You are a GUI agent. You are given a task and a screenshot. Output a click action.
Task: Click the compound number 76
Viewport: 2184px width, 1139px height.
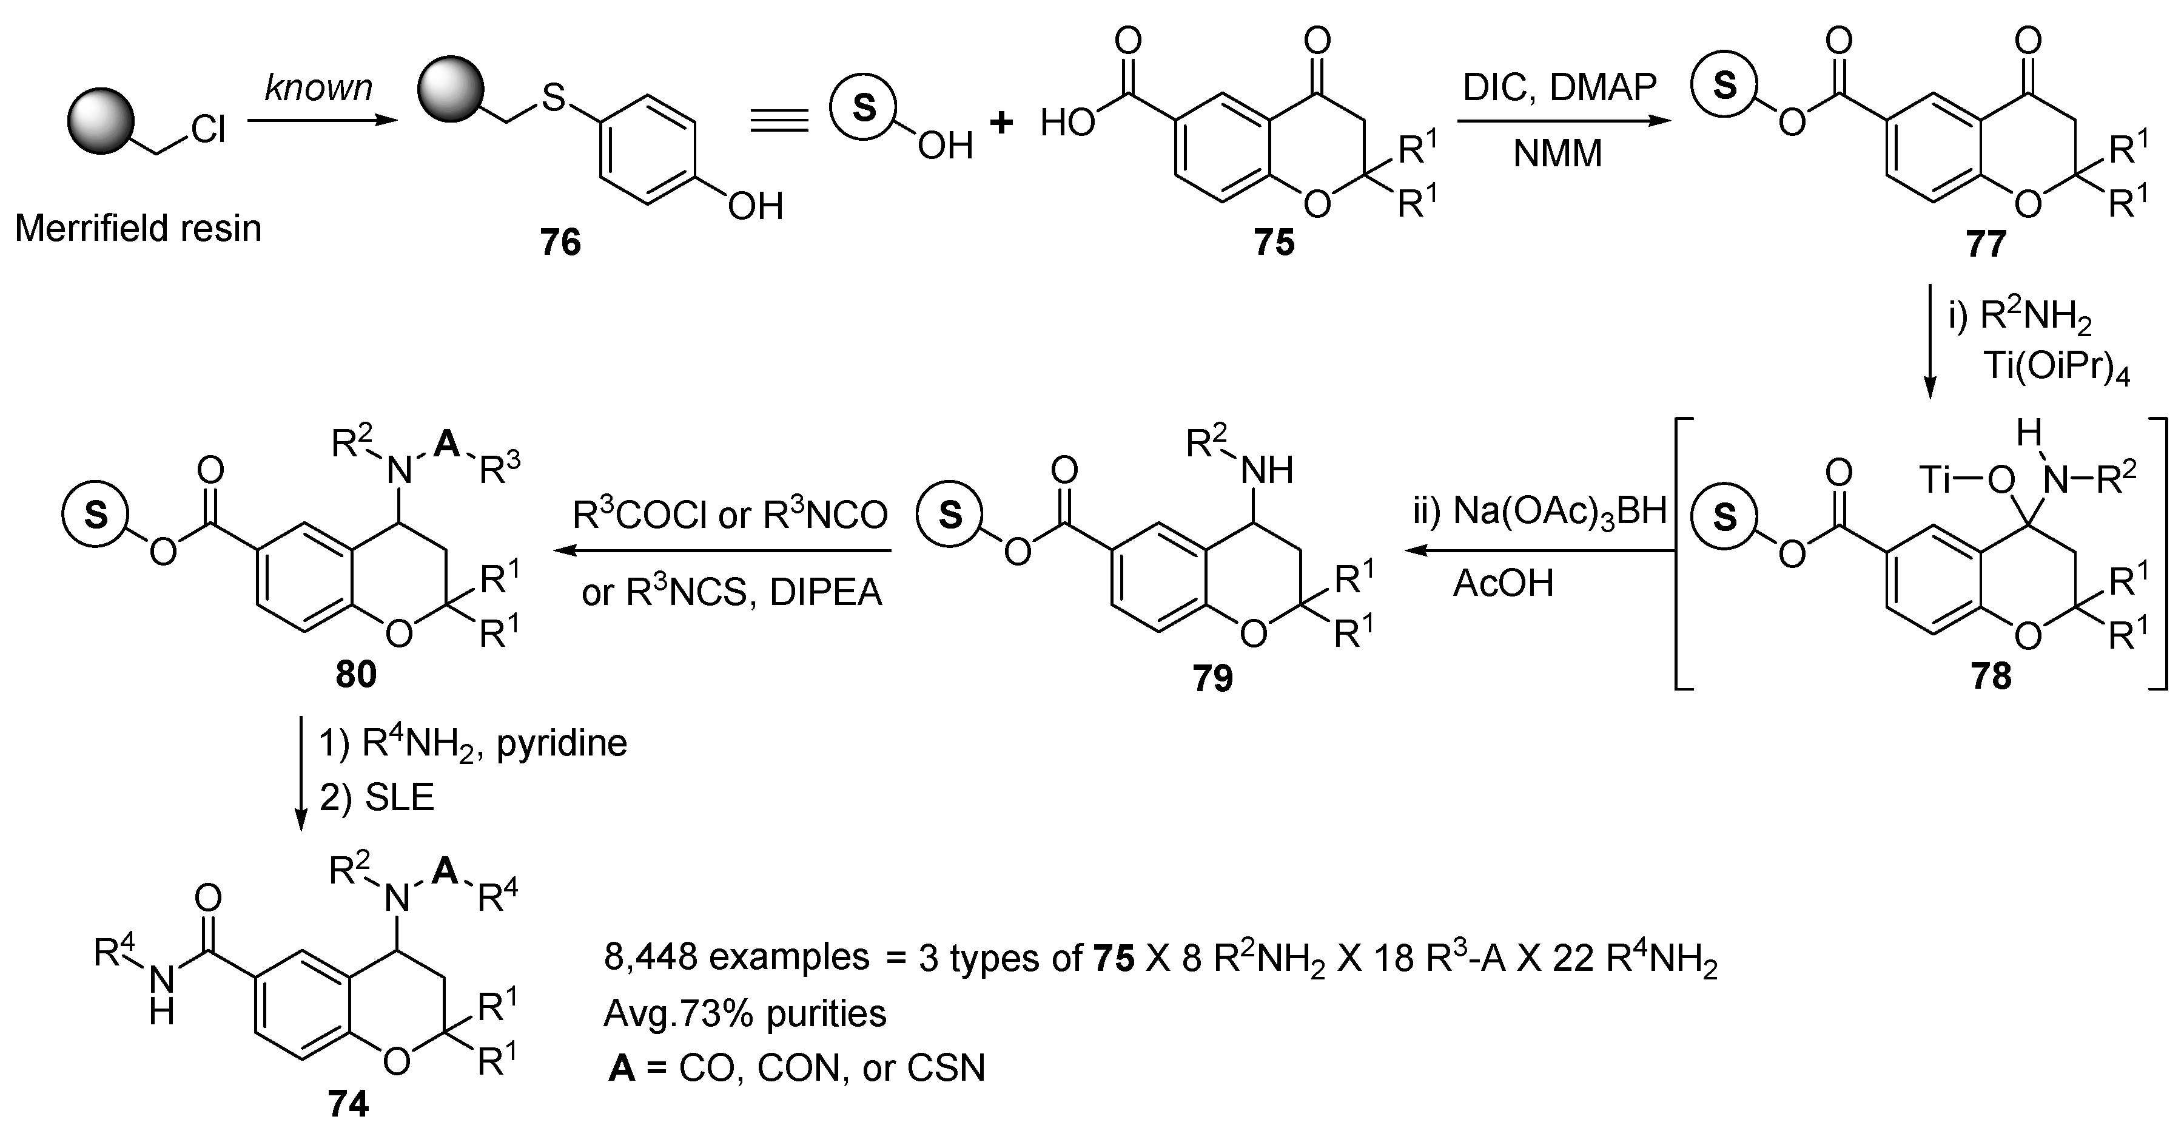click(560, 243)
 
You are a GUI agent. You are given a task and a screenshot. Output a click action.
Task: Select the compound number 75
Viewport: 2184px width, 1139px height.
click(1274, 243)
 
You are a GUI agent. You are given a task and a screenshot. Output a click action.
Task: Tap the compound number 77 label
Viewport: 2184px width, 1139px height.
click(1986, 245)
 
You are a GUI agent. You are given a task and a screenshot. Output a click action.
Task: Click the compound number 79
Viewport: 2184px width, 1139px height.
click(1212, 678)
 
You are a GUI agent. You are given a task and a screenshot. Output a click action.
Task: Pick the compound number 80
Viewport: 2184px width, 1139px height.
click(355, 675)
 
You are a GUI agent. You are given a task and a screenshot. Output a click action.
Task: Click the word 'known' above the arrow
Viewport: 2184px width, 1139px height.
click(319, 88)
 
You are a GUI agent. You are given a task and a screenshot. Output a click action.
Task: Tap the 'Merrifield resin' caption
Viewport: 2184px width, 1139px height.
click(138, 229)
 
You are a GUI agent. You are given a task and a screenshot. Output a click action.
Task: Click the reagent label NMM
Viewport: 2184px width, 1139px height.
click(1558, 154)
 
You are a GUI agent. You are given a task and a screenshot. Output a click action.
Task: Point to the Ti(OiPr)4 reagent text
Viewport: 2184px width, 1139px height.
click(2056, 369)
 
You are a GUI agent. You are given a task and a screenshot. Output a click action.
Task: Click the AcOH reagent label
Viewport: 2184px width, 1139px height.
click(1503, 584)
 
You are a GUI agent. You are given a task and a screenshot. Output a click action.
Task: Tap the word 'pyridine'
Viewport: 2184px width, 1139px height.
click(561, 743)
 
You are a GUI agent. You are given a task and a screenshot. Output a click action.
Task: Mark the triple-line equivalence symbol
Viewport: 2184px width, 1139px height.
click(779, 123)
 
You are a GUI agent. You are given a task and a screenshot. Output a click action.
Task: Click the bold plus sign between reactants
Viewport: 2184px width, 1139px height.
click(1001, 123)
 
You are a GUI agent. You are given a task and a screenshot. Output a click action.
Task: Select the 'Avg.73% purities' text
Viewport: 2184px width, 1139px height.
click(744, 1013)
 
